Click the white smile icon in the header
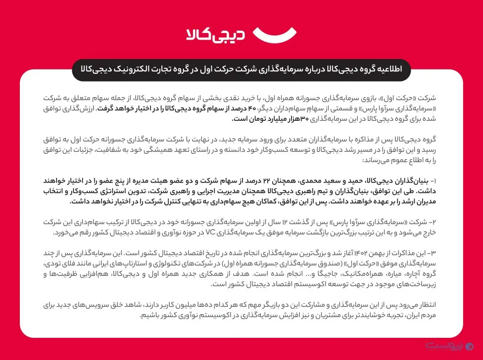point(275,34)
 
